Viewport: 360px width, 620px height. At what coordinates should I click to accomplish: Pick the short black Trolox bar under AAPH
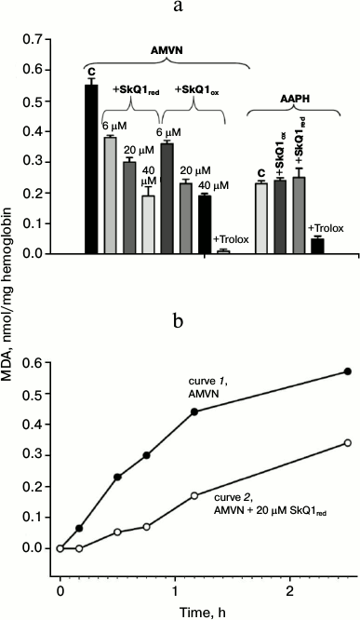coord(317,245)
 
